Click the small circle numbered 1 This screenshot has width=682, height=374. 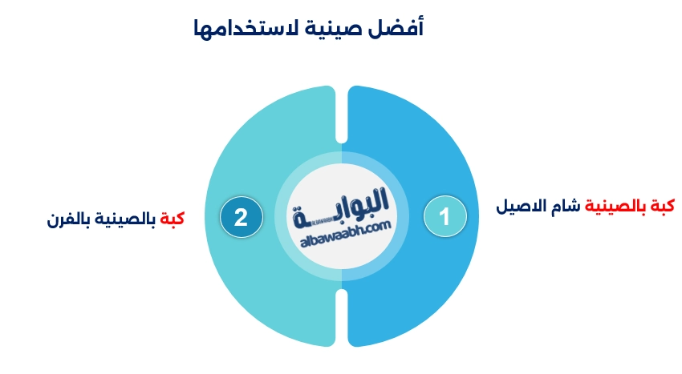(445, 216)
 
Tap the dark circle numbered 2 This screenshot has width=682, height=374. (241, 216)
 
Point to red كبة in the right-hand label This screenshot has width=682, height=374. (661, 207)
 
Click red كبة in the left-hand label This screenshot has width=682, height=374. (172, 218)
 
